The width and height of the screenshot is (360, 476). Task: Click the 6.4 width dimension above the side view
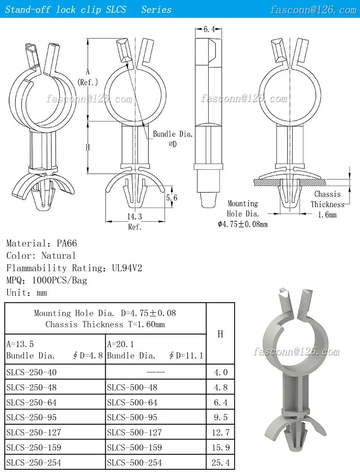coord(209,30)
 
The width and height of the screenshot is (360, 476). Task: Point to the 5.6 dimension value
coord(171,198)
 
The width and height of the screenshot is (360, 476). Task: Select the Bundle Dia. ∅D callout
coord(172,139)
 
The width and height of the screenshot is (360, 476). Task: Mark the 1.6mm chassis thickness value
coord(327,215)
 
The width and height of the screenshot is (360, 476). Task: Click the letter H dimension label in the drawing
coord(88,147)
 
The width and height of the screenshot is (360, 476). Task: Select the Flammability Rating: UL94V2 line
coord(74,268)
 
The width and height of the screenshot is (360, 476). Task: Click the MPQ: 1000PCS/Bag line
coord(47,280)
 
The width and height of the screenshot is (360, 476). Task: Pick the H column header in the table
coord(220,334)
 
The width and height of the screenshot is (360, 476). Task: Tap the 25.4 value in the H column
coord(220,463)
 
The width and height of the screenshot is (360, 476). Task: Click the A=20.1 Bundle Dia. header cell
coord(155,350)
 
